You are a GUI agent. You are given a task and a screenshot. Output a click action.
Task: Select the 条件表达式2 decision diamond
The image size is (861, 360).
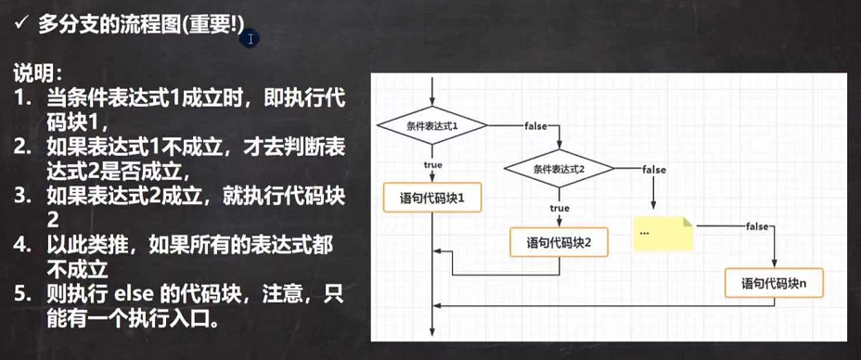[x=559, y=168]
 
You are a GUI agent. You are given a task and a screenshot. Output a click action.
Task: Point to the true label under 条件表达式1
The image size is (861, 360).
[x=433, y=164]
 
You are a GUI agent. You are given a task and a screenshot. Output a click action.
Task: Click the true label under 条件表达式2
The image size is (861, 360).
[x=559, y=208]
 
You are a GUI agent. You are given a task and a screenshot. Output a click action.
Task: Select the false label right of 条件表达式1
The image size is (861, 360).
[x=535, y=124]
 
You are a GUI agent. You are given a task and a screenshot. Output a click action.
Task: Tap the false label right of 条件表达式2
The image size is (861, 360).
[x=653, y=169]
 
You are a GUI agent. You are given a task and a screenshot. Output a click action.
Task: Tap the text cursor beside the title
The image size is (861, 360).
[x=251, y=39]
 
